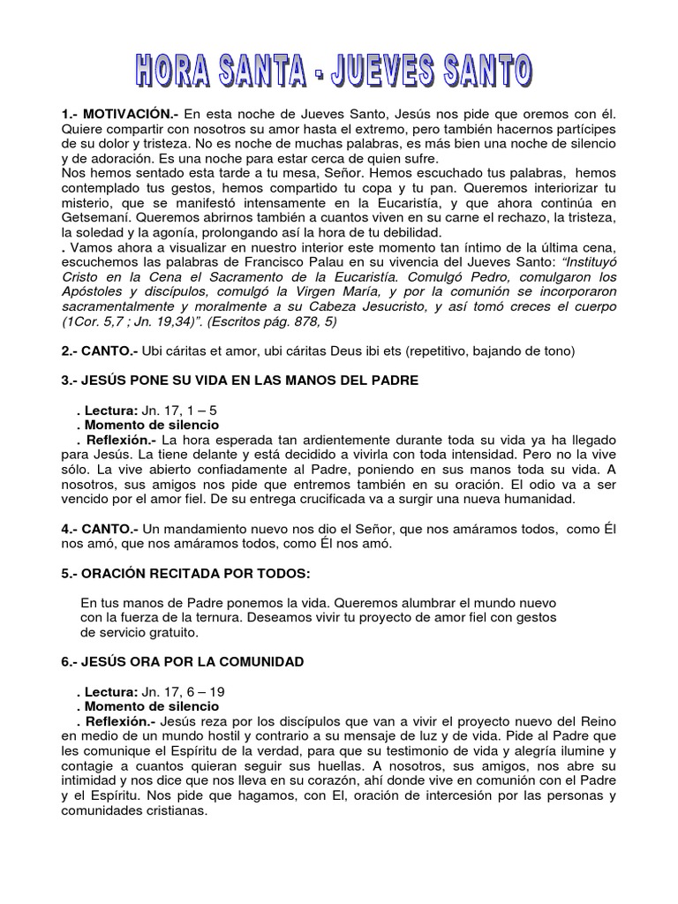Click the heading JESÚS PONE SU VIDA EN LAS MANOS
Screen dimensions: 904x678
pos(238,380)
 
